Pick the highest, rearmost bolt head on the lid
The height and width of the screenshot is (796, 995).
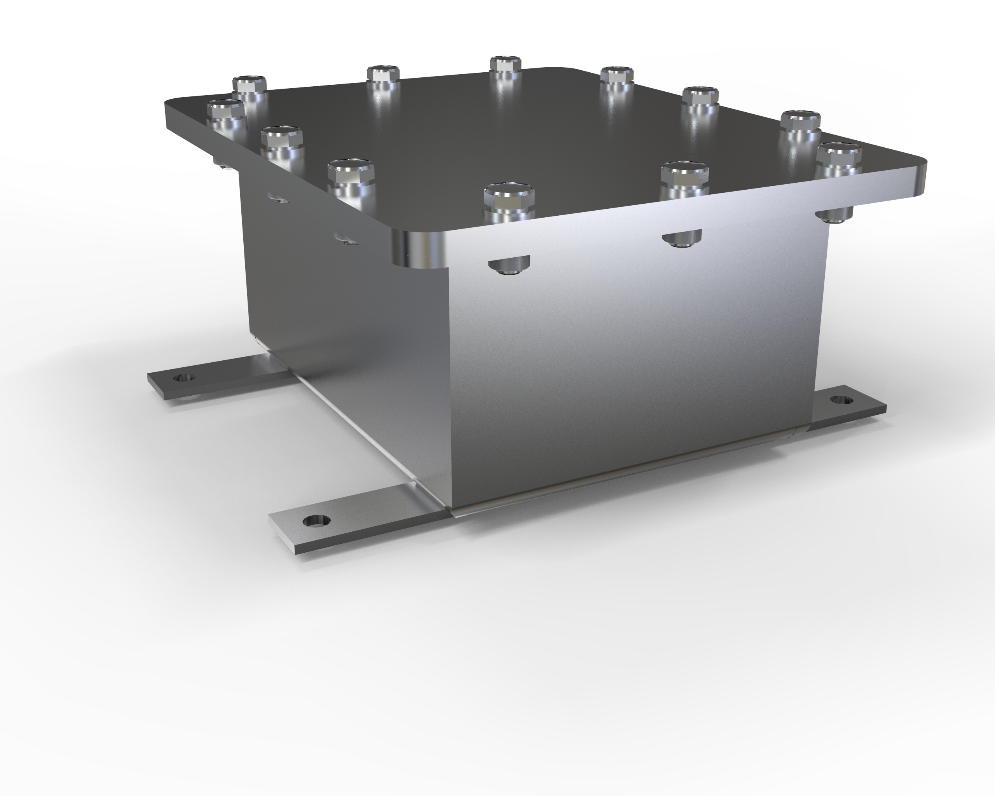point(506,64)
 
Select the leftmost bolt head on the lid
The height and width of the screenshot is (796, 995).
point(225,109)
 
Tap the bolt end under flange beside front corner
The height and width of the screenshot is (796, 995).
point(509,267)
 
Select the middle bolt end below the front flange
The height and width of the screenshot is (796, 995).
point(682,239)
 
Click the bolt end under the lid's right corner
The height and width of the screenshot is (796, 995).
point(834,215)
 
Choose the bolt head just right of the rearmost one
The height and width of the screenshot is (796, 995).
point(616,74)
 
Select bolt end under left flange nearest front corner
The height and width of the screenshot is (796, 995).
point(345,239)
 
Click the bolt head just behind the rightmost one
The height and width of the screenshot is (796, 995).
point(800,121)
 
